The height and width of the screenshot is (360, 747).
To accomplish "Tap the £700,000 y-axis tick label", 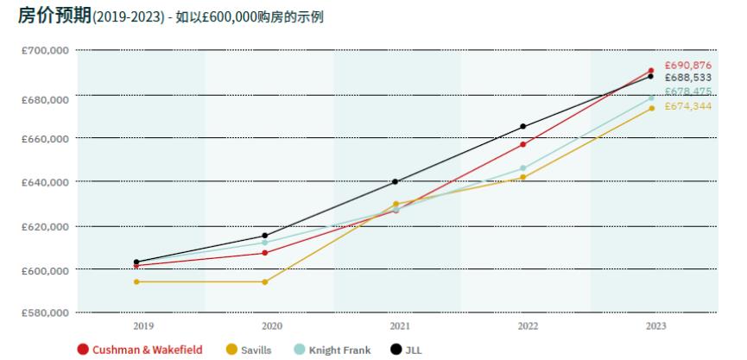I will click(45, 51).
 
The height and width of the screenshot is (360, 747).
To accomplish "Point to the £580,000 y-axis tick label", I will click(45, 313).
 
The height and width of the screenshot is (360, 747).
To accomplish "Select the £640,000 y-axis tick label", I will click(45, 182).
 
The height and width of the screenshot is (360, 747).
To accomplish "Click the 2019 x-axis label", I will click(142, 326).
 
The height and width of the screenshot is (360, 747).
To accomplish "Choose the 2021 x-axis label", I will click(399, 326).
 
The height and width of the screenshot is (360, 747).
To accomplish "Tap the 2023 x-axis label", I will click(655, 326).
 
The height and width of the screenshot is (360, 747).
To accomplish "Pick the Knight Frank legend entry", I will click(332, 350).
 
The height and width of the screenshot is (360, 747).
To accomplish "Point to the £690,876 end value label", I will click(688, 66).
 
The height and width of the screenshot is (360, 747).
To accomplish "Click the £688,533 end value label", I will click(688, 78).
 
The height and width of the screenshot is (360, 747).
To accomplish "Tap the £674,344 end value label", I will click(688, 106).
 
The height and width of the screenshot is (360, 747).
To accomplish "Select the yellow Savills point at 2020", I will click(265, 281).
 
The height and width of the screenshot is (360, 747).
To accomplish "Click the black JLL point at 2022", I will click(522, 127).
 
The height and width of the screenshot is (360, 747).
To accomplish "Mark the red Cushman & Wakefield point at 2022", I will click(522, 144).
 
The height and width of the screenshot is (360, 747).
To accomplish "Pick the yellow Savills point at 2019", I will click(136, 281).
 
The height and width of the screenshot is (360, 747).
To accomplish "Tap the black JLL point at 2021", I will click(396, 181).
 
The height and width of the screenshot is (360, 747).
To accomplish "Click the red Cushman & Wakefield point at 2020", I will click(265, 253).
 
